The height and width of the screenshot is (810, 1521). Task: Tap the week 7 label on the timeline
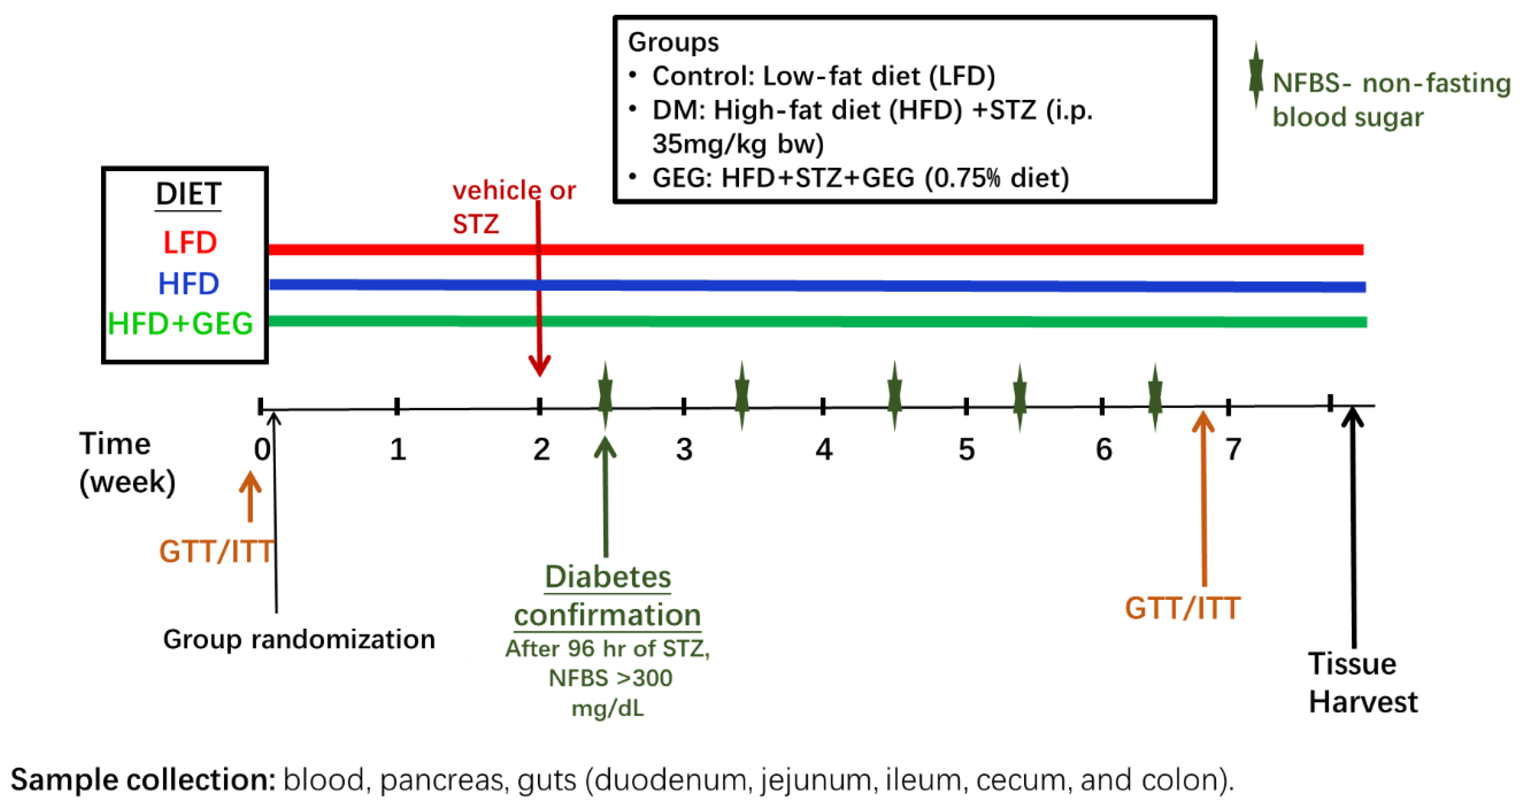point(1233,450)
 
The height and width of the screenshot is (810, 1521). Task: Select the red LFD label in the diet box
point(190,243)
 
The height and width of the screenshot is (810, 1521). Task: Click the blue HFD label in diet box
point(188,284)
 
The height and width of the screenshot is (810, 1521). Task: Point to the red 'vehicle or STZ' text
point(512,207)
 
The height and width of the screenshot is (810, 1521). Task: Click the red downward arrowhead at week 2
point(539,366)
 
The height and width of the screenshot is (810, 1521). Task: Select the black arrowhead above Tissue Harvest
point(1352,416)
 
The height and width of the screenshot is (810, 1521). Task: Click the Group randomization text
point(299,639)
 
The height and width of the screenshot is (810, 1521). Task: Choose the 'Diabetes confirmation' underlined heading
point(607,596)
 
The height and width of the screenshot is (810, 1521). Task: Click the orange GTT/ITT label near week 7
point(1182,608)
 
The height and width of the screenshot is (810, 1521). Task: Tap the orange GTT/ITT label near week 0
point(216,552)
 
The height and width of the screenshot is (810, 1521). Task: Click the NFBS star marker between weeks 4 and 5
point(894,395)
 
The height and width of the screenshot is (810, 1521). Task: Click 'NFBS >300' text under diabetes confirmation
point(610,678)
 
